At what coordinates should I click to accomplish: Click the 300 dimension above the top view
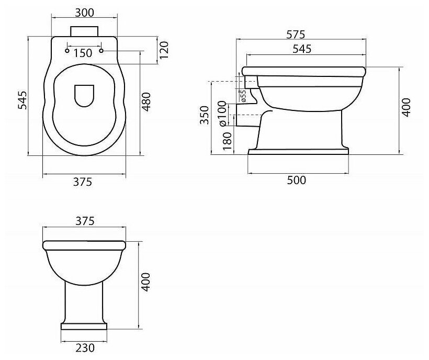84,13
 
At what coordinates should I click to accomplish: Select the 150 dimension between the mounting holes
83,53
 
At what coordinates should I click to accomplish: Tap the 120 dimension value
164,50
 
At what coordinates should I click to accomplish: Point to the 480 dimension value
146,102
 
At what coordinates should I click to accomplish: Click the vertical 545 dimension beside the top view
22,100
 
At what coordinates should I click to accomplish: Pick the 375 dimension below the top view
83,182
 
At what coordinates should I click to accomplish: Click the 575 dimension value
296,35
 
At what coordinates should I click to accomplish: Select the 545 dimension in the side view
302,49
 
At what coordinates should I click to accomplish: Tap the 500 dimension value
297,180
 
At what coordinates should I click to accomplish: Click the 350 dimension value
205,115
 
